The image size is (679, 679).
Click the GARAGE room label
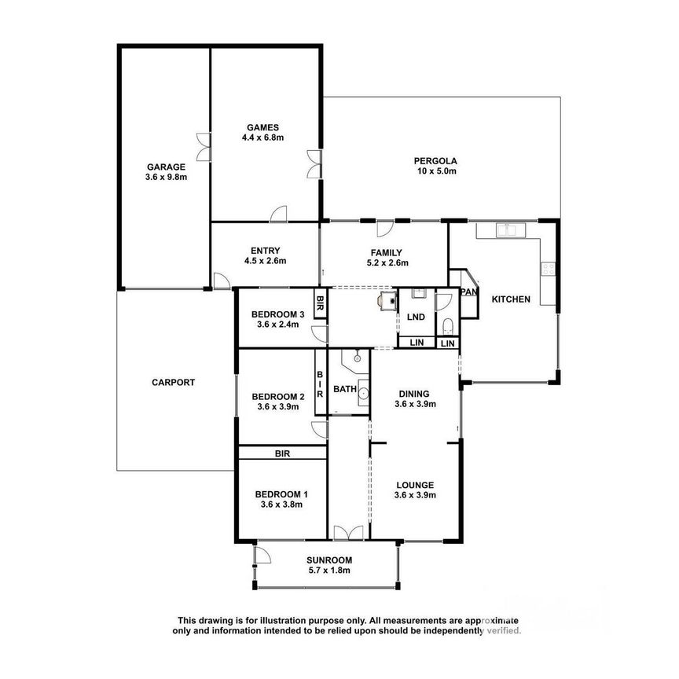pos(165,167)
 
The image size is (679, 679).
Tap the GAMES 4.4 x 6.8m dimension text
pos(262,138)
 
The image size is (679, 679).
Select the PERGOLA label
pos(435,162)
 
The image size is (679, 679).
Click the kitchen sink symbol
pos(512,229)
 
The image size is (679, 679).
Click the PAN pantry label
pos(469,292)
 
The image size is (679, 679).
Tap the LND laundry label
pos(416,317)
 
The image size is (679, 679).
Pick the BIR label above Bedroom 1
pos(283,453)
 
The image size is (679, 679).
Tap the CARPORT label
pos(173,383)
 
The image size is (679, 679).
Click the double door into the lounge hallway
pos(347,533)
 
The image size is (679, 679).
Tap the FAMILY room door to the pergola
pos(384,229)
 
